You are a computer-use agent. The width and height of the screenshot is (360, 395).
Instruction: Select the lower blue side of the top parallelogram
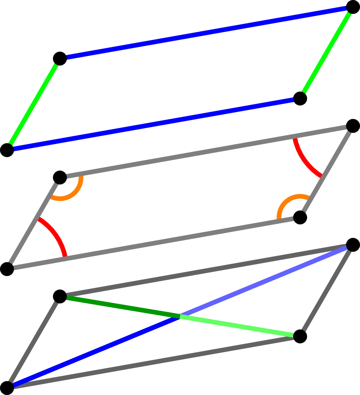pyautogui.click(x=153, y=124)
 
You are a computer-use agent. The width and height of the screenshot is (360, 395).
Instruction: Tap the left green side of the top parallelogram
pyautogui.click(x=33, y=104)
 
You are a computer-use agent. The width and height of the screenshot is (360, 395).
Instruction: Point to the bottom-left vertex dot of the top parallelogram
pyautogui.click(x=7, y=150)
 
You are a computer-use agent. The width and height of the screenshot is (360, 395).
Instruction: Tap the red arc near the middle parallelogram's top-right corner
pyautogui.click(x=304, y=161)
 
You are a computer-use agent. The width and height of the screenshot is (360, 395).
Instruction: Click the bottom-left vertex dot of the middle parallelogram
pyautogui.click(x=7, y=269)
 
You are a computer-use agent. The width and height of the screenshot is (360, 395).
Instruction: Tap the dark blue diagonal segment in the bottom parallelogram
pyautogui.click(x=93, y=352)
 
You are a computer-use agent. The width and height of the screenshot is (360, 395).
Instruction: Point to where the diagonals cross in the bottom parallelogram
pyautogui.click(x=180, y=317)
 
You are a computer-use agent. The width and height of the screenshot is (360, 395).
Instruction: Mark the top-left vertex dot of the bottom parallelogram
pyautogui.click(x=60, y=297)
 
